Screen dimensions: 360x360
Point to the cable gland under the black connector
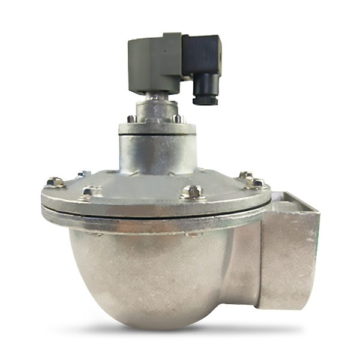pos(205,94)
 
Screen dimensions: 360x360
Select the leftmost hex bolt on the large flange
pos(55,182)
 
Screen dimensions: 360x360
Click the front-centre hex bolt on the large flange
pos(194,193)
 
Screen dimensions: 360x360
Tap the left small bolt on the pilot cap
pos(131,119)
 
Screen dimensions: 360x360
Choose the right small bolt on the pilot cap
pos(178,119)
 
